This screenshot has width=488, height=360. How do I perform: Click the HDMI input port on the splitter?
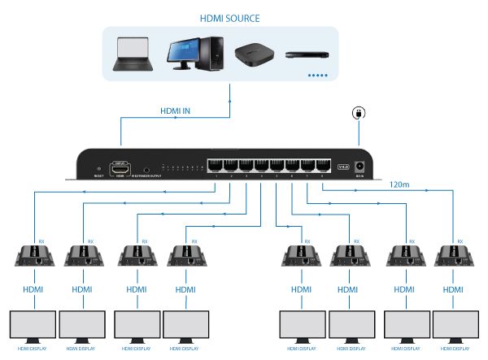120,166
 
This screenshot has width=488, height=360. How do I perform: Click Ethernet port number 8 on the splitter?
324,165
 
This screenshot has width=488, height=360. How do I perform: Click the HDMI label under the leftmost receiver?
32,288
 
